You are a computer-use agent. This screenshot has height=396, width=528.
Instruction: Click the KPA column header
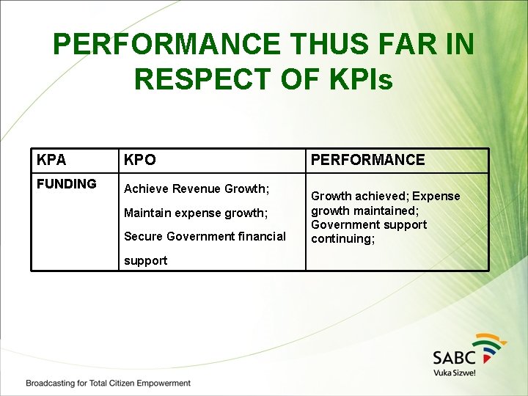(51, 160)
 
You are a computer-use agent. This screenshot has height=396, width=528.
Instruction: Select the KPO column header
(140, 160)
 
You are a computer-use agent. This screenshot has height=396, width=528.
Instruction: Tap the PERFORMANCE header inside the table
(368, 160)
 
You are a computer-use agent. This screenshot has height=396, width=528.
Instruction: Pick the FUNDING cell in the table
(67, 184)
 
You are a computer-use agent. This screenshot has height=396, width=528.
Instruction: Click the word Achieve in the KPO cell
(146, 189)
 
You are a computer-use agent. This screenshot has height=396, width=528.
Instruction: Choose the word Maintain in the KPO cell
(148, 213)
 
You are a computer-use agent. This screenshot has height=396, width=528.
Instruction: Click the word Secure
(144, 236)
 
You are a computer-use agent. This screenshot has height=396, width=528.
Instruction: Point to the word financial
(257, 236)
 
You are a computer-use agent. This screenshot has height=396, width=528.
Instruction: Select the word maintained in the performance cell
(381, 210)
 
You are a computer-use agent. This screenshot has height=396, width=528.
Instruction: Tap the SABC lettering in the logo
(454, 357)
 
